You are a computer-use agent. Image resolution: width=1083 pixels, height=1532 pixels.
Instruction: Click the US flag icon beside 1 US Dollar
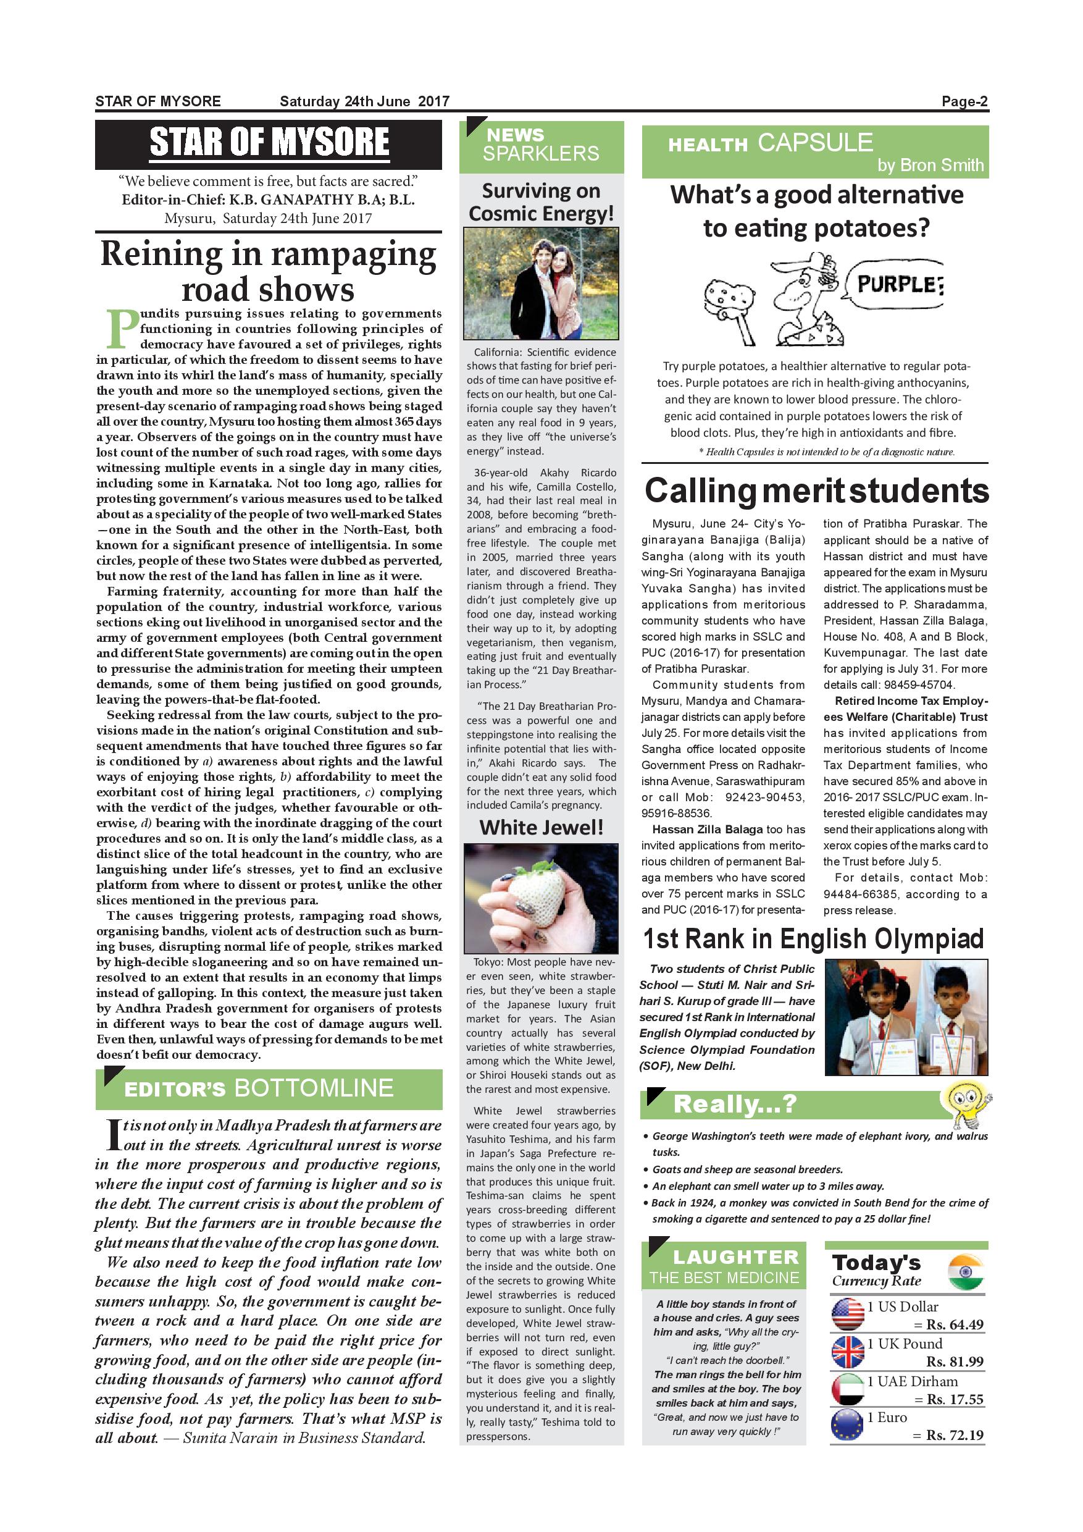pos(848,1314)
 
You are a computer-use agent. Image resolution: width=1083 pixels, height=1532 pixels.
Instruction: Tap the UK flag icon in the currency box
pos(848,1352)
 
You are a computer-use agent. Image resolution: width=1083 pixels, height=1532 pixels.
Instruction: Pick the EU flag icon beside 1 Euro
pos(848,1426)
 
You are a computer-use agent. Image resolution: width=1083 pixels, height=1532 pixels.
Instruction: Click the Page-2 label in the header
pos(964,101)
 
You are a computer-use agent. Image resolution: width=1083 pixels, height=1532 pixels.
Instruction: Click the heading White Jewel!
pos(541,828)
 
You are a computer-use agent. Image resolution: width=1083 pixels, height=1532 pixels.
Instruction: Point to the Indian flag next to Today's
pos(965,1272)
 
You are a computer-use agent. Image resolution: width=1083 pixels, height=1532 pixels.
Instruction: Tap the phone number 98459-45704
pos(919,685)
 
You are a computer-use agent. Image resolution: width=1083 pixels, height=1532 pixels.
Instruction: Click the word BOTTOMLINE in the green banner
pos(314,1088)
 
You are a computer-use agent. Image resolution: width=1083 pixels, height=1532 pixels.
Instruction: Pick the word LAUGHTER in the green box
pos(735,1257)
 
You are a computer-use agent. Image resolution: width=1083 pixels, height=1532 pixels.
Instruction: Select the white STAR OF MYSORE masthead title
pos(269,142)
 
